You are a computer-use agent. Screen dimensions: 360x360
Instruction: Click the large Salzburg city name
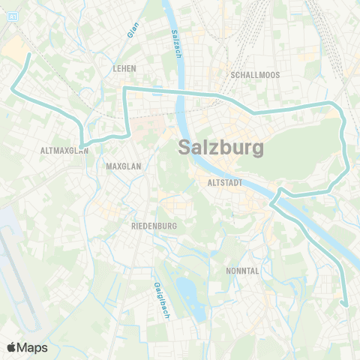click(221, 148)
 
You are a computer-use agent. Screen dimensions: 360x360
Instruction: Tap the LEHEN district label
click(124, 68)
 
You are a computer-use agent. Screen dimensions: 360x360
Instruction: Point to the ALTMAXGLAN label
click(64, 150)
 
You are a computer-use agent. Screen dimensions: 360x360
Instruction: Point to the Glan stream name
click(133, 30)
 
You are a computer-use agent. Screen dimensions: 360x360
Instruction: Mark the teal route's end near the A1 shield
click(28, 55)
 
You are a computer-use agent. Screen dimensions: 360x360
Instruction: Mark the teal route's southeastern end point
click(345, 304)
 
